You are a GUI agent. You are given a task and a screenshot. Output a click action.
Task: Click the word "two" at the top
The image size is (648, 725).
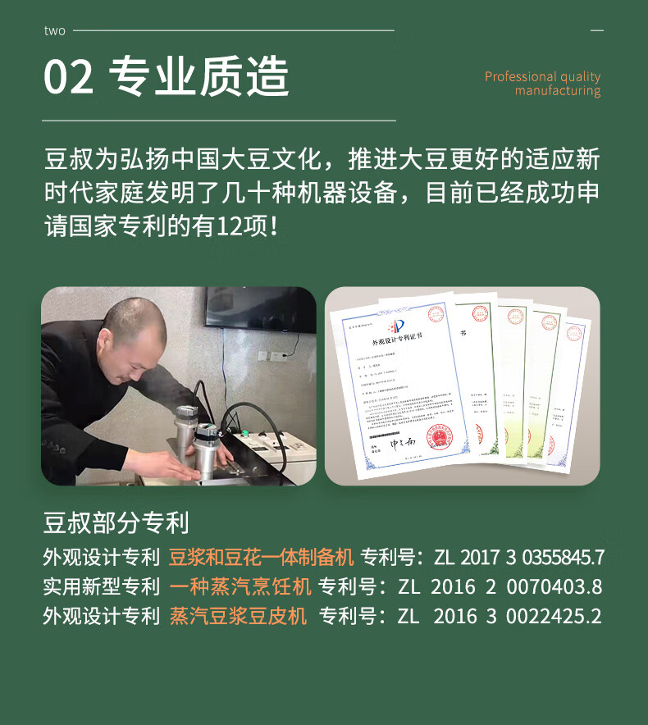pos(54,31)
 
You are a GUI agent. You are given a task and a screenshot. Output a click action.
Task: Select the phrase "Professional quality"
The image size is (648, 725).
pos(542,76)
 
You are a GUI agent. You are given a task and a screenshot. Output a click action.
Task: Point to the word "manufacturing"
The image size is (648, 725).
pos(558,91)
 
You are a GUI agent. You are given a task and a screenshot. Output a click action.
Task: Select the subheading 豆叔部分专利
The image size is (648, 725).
pos(116,522)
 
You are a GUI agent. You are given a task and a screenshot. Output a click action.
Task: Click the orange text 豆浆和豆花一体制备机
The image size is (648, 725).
pos(261,558)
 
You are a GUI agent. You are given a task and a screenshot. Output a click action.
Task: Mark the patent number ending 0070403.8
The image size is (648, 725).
pos(500,587)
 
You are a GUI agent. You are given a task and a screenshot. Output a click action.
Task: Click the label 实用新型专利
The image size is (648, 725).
pos(101,587)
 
